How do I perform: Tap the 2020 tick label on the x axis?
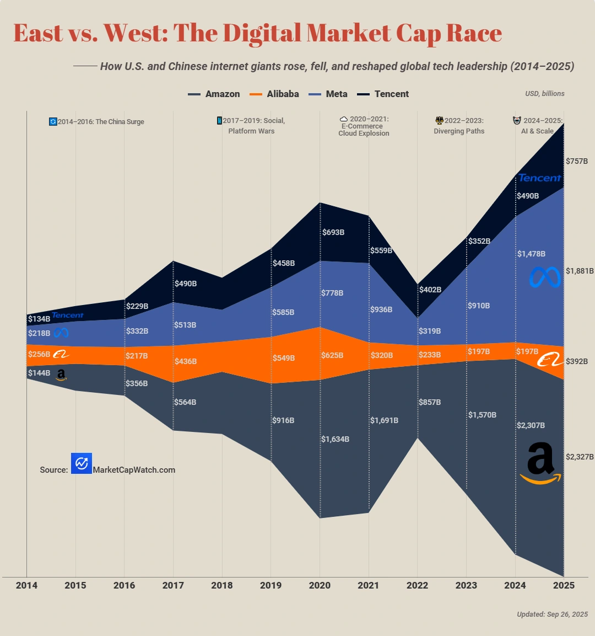click(320, 585)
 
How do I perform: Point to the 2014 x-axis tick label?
click(26, 585)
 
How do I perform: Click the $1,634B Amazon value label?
click(335, 439)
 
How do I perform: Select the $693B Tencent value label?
click(333, 232)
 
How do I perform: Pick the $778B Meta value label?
click(332, 293)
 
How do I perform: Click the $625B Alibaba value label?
click(332, 355)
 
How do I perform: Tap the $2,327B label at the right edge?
click(580, 457)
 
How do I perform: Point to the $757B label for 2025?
click(577, 161)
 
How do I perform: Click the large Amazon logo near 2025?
click(540, 463)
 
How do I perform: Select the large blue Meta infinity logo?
click(545, 277)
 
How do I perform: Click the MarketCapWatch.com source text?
click(134, 470)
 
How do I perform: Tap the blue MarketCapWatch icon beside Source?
click(82, 464)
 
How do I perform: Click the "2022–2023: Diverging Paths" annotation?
click(459, 126)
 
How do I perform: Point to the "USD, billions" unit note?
click(544, 94)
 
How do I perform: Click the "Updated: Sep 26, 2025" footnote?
click(552, 614)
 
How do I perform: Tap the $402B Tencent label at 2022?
click(430, 290)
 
